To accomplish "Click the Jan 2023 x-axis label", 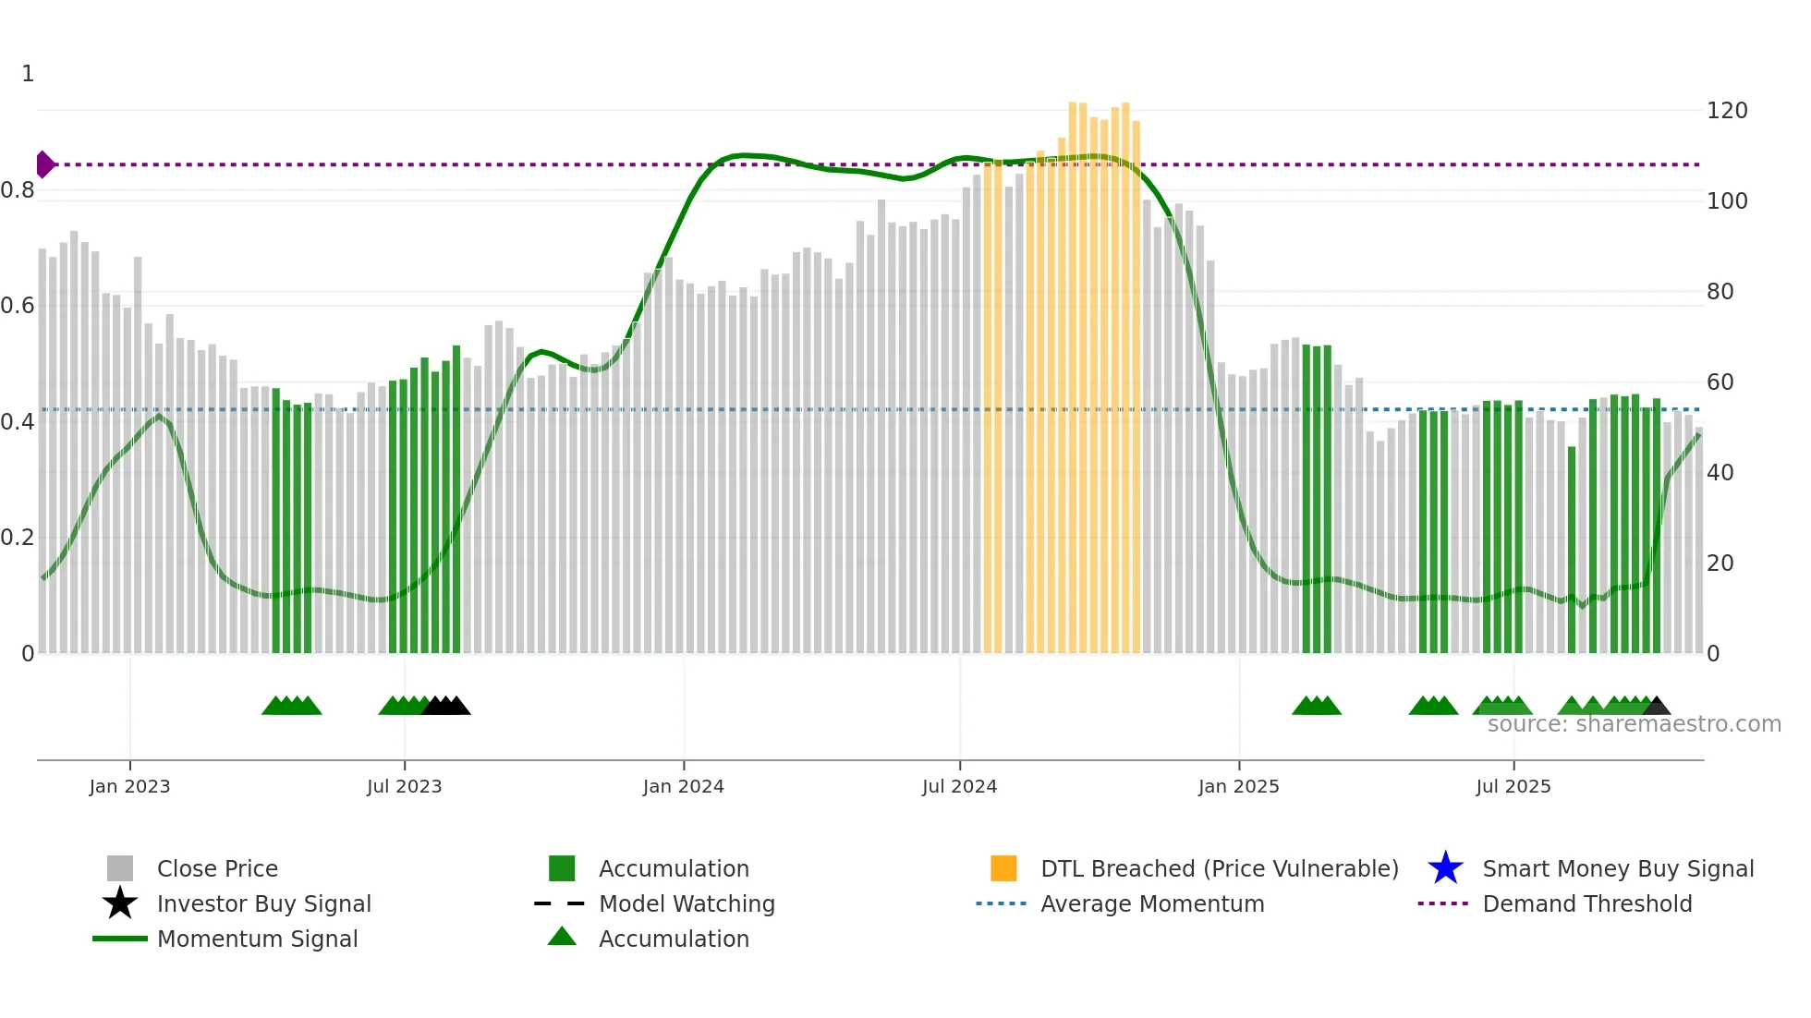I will [129, 787].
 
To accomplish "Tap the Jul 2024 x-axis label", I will [959, 787].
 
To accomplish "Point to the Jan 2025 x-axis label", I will [1238, 787].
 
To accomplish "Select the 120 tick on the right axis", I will [1726, 111].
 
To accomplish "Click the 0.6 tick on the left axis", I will [18, 306].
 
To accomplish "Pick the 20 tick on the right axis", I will [1720, 564].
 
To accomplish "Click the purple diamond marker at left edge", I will [44, 164].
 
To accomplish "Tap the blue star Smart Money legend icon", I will [1445, 868].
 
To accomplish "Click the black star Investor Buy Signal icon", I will [120, 903].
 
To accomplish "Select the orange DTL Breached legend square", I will [1003, 868].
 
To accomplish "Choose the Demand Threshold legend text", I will [1586, 903].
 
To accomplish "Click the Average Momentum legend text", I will [1152, 903].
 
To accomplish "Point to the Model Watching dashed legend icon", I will [559, 903].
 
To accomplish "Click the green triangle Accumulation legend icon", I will [562, 937].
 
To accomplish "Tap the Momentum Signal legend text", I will [257, 939].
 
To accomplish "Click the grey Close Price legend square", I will [120, 868].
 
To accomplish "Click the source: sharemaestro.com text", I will [1634, 724].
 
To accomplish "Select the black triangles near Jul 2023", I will [446, 707].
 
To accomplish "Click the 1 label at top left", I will [28, 74].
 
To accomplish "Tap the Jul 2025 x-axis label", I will [1513, 787].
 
